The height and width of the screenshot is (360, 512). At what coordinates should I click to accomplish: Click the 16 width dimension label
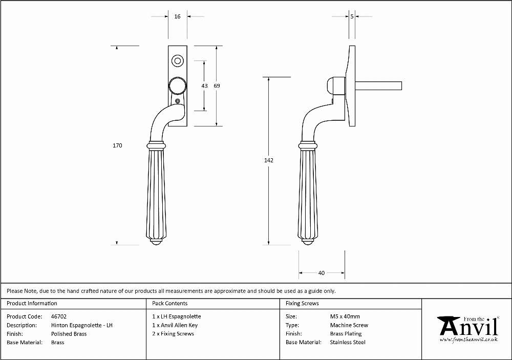click(x=177, y=16)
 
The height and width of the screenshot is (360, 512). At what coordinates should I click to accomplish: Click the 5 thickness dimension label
click(x=352, y=16)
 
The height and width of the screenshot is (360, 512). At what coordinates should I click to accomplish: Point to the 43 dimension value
click(x=204, y=86)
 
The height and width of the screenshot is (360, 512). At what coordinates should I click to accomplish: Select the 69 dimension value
click(x=217, y=86)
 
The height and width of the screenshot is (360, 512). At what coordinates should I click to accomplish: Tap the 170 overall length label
click(x=117, y=146)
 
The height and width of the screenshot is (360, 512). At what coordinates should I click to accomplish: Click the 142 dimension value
click(x=269, y=160)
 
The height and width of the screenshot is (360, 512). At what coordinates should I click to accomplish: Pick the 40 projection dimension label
click(x=322, y=273)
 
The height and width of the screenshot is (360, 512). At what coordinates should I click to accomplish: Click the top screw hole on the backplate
click(x=178, y=61)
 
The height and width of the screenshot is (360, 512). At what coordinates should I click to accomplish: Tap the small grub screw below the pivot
click(x=178, y=101)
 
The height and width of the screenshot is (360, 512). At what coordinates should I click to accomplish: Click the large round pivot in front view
click(x=178, y=86)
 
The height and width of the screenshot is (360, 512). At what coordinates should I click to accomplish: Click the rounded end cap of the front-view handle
click(x=156, y=242)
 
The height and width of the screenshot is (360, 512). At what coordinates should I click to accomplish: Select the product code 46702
click(x=59, y=316)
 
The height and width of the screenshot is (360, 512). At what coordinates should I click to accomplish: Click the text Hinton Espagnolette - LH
click(x=81, y=325)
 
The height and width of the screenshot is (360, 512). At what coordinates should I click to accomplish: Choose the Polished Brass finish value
click(x=69, y=334)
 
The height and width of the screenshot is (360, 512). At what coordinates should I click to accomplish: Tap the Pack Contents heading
click(x=170, y=304)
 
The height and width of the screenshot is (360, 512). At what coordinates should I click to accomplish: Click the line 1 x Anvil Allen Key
click(x=175, y=325)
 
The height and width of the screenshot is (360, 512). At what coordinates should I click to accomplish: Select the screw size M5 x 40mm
click(x=345, y=316)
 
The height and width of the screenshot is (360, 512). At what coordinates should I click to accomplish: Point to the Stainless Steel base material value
click(x=348, y=343)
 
